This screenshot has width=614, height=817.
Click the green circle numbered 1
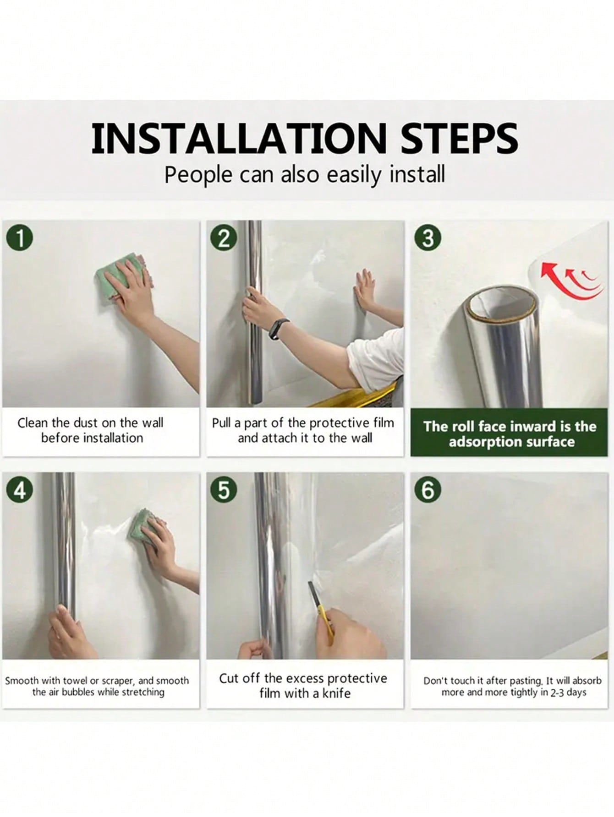[20, 238]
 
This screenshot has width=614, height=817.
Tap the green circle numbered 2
[224, 238]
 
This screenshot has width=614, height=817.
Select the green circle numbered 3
[428, 238]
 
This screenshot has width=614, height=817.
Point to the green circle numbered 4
[20, 490]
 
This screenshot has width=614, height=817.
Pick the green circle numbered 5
[224, 490]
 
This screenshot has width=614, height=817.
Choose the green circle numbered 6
[428, 490]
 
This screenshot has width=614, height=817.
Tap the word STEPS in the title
[460, 138]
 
